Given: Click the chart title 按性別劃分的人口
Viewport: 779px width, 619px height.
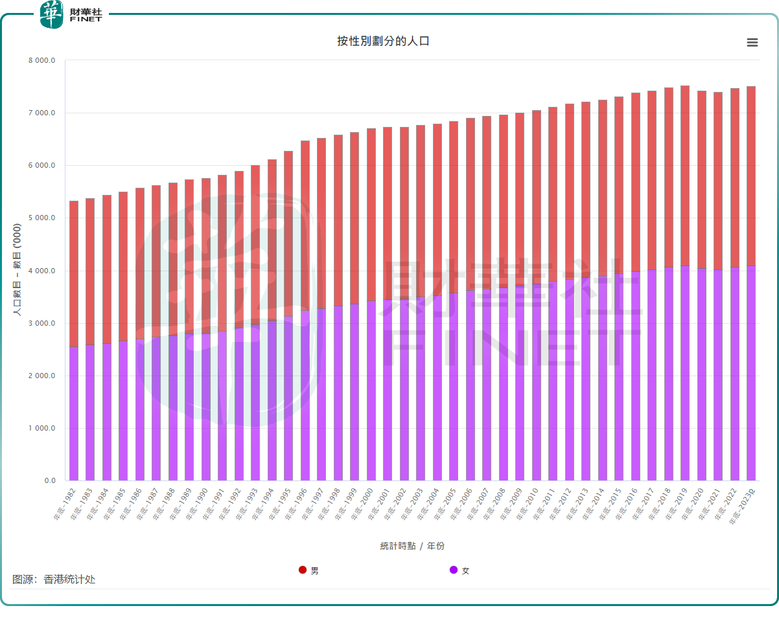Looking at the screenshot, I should click(383, 41).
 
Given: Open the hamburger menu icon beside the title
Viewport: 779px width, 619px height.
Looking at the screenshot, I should click(752, 43).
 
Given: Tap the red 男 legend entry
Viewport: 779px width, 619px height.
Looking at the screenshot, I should click(309, 570).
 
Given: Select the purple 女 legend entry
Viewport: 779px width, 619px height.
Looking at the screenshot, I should click(459, 570).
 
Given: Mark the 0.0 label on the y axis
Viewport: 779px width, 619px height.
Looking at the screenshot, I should click(50, 481).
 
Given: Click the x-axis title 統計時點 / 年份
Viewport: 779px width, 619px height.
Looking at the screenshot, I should click(412, 546).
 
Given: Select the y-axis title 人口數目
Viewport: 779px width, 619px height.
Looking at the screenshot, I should click(17, 269).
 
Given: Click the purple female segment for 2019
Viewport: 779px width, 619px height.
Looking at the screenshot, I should click(685, 373).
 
